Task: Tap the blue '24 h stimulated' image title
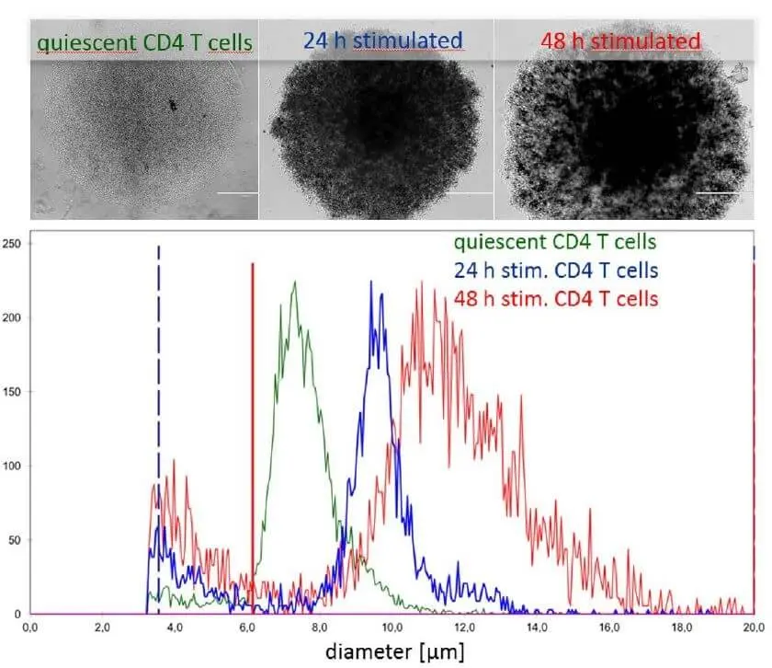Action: click(x=381, y=40)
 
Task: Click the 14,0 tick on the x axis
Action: click(x=536, y=628)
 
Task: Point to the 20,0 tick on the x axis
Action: click(x=753, y=628)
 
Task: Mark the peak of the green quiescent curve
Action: click(x=295, y=282)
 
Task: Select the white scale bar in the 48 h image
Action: click(x=717, y=193)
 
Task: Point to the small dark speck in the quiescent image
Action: click(x=172, y=107)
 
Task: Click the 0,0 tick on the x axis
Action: click(x=30, y=628)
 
